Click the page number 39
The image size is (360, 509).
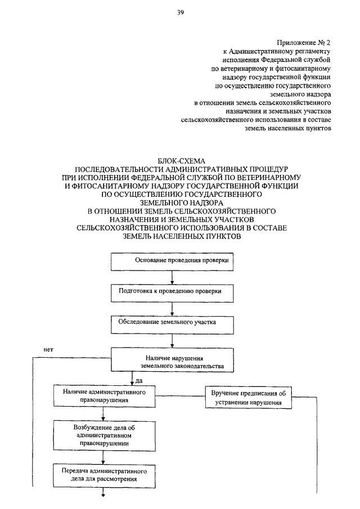click(x=181, y=13)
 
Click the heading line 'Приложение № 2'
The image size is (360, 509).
click(x=304, y=43)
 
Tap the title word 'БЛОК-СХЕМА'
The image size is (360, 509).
click(x=181, y=161)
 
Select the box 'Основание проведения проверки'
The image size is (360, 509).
click(x=172, y=262)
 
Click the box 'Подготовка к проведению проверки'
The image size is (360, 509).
click(x=172, y=293)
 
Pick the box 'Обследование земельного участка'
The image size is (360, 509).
click(x=172, y=325)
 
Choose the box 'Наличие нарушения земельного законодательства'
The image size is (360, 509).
click(x=172, y=360)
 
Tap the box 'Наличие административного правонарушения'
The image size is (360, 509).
click(x=104, y=396)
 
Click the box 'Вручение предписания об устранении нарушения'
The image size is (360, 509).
click(x=248, y=397)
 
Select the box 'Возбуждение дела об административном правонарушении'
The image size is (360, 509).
click(x=104, y=436)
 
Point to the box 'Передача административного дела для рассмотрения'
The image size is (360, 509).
click(x=104, y=475)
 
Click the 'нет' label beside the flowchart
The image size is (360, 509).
click(x=48, y=350)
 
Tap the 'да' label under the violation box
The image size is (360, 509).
click(x=139, y=380)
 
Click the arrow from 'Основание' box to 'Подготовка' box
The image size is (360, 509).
click(x=172, y=277)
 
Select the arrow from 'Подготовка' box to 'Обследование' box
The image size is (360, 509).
click(x=172, y=309)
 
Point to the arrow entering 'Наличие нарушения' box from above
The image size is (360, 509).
click(x=172, y=341)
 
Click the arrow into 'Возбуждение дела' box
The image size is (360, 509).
click(x=103, y=414)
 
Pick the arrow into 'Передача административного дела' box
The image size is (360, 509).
click(x=103, y=457)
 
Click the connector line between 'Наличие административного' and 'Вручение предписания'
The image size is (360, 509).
click(x=180, y=396)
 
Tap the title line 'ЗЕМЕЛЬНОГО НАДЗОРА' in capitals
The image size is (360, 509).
click(x=182, y=203)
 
